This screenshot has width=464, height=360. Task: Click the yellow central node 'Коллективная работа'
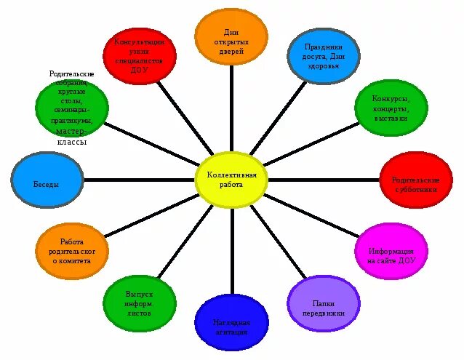tap(232, 180)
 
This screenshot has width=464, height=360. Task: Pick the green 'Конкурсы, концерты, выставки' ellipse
tap(391, 108)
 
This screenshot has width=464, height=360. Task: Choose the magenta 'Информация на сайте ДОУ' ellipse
tap(391, 251)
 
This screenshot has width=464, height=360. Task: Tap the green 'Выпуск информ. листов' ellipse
tap(140, 303)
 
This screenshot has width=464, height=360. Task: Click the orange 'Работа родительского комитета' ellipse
tap(72, 251)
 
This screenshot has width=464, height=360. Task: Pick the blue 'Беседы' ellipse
tap(47, 184)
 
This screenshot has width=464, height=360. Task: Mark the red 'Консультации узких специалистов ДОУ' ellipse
tap(140, 55)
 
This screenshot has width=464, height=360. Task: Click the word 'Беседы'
tap(47, 184)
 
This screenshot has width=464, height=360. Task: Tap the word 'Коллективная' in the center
tap(232, 175)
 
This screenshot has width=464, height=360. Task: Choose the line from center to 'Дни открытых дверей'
tap(231, 109)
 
